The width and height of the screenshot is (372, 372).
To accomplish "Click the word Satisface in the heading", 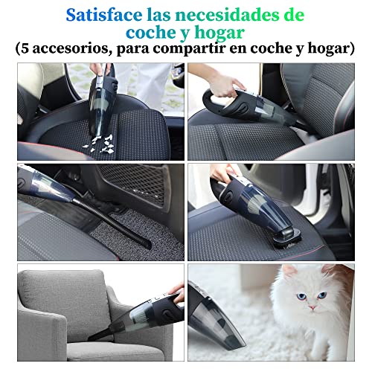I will click(x=103, y=14).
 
